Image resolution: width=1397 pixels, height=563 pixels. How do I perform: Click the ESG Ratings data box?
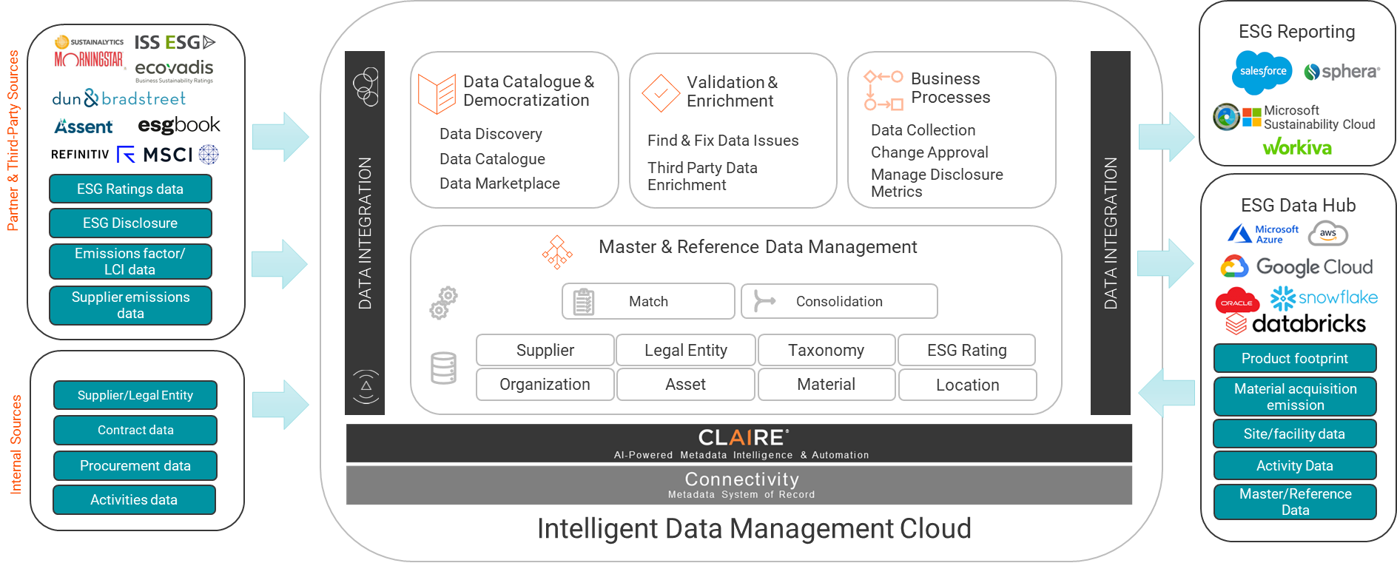point(130,189)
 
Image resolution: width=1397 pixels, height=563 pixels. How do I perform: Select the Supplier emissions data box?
point(130,305)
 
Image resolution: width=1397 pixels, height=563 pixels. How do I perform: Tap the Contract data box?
point(135,430)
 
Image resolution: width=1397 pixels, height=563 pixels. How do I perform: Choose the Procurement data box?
point(135,465)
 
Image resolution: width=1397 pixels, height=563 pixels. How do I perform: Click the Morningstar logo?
point(89,59)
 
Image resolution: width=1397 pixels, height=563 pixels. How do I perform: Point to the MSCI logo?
point(168,155)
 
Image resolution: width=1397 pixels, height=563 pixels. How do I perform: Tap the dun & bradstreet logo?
point(118,98)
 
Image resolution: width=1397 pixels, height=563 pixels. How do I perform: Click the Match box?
point(648,301)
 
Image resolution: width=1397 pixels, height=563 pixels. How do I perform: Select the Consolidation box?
point(839,301)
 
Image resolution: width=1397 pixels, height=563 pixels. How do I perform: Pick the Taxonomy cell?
point(826,350)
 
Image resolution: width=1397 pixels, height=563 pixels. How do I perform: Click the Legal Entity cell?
point(686,350)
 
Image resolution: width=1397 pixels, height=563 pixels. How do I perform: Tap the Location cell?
point(967,385)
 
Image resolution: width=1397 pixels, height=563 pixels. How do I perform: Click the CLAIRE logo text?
point(742,437)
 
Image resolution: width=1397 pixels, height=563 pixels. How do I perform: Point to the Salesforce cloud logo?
point(1262,72)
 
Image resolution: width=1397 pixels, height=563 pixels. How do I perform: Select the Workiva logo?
point(1297,147)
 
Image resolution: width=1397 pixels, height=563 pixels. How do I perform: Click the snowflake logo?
point(1324,297)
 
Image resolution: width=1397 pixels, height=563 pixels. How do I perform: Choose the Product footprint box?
point(1295,358)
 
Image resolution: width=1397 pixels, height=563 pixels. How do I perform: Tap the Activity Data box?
point(1295,465)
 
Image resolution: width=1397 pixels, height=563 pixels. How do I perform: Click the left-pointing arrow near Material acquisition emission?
point(1167,392)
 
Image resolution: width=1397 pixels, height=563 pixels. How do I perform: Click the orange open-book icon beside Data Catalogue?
point(437,93)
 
